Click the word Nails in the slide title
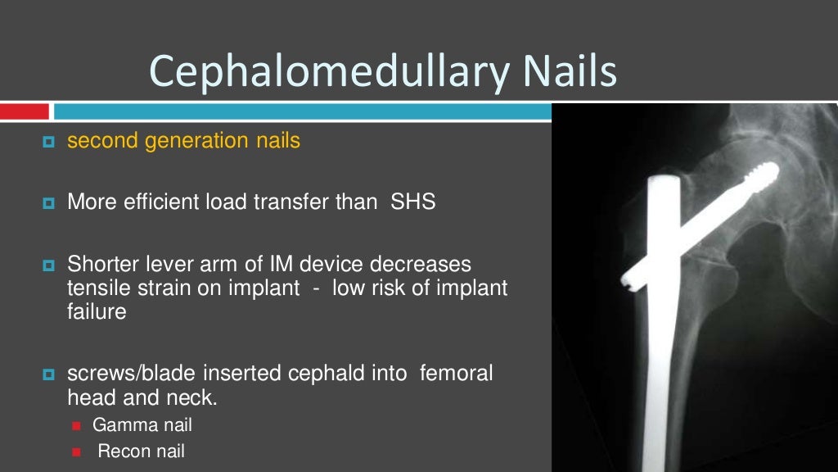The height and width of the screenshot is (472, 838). (x=569, y=71)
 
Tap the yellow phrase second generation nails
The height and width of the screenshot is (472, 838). (x=183, y=141)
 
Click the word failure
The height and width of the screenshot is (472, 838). (x=97, y=312)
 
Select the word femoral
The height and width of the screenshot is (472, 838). (x=456, y=374)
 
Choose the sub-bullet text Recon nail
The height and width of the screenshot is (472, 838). (x=142, y=451)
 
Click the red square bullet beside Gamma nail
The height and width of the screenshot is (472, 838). (x=78, y=426)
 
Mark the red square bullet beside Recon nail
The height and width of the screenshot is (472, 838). (x=78, y=452)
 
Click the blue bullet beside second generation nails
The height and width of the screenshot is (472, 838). (x=47, y=142)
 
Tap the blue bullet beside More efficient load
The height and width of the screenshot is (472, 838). (x=47, y=202)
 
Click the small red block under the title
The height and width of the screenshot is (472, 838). (x=25, y=111)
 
